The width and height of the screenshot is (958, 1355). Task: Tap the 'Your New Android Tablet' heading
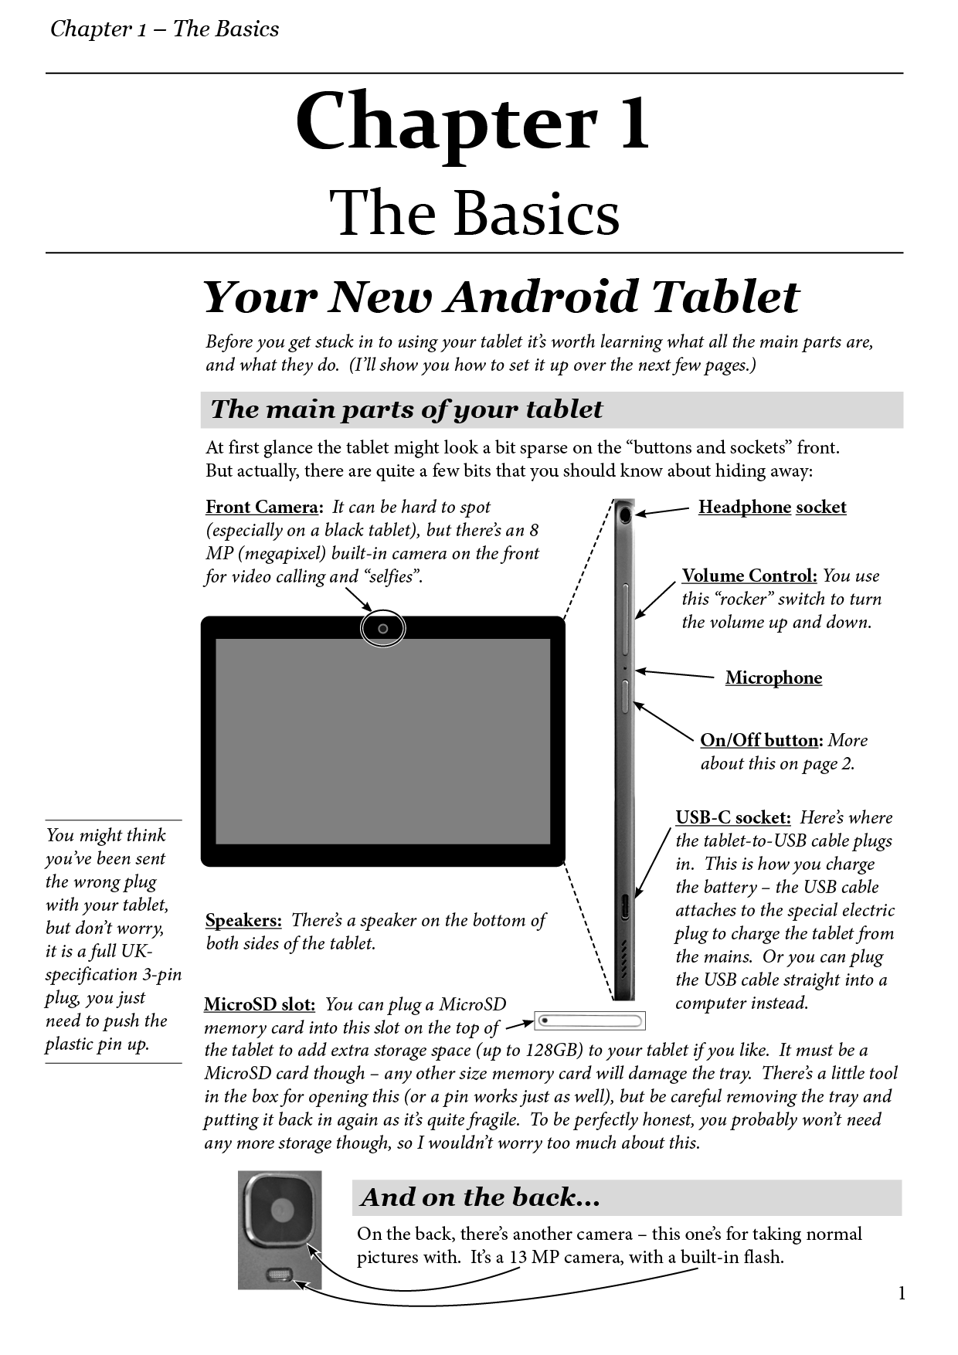coord(501,297)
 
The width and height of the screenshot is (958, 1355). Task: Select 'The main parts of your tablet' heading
coord(406,409)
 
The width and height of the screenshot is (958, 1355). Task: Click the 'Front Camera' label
coord(261,508)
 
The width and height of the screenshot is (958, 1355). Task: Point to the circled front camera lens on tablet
coord(382,629)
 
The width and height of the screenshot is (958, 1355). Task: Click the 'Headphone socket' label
coord(772,508)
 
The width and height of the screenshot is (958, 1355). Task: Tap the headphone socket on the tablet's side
coord(624,513)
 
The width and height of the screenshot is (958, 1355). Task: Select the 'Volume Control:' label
coord(749,576)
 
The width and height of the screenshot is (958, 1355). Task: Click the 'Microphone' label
coord(773,678)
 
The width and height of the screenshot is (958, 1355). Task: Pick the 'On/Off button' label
coord(760,740)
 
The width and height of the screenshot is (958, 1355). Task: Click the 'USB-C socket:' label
coord(732,817)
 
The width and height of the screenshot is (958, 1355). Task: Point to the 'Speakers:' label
coord(243,921)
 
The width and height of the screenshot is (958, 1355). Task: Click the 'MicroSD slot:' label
coord(259,1004)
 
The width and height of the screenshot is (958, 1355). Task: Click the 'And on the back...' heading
coord(480,1197)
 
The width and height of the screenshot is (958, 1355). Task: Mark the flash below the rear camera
coord(279,1275)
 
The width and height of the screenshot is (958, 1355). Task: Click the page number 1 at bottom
coord(902,1293)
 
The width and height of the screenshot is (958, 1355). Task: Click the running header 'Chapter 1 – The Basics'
coord(165,29)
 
